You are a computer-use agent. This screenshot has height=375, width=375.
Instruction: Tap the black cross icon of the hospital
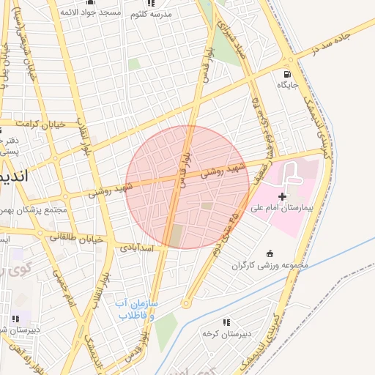[x=283, y=197]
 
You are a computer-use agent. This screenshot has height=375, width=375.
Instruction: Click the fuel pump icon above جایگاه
[x=285, y=73]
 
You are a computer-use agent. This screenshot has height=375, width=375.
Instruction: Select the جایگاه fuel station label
[x=286, y=85]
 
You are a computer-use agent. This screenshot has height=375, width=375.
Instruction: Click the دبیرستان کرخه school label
[x=227, y=333]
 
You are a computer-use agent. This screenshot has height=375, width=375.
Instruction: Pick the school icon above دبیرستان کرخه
[x=226, y=322]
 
